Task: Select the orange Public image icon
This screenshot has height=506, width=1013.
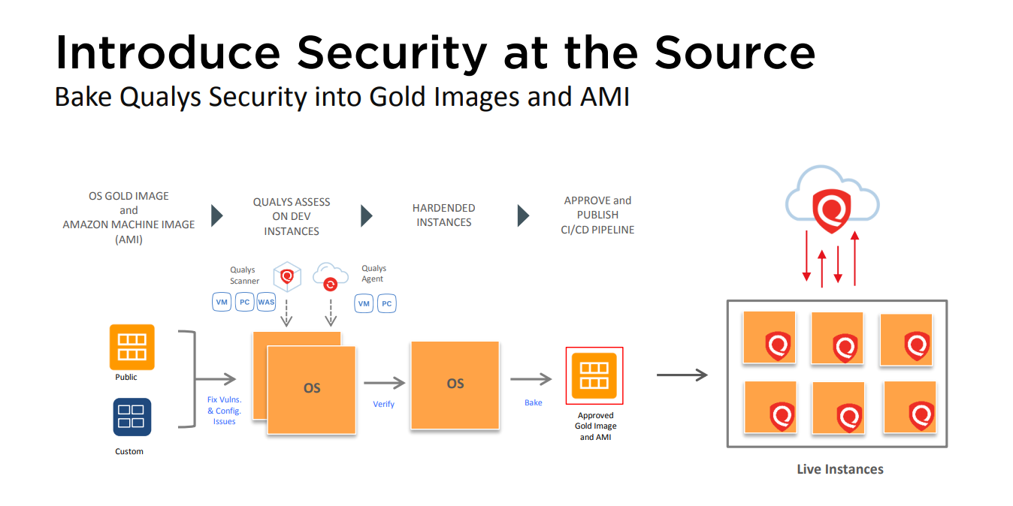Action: [x=132, y=347]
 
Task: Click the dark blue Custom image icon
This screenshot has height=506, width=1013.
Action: [x=132, y=417]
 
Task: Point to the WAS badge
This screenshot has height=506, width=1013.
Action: [x=266, y=303]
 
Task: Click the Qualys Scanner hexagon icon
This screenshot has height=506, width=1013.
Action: [x=286, y=277]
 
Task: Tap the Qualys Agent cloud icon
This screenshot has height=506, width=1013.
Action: [x=330, y=277]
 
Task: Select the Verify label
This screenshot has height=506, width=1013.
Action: [x=383, y=404]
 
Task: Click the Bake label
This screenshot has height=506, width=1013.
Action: [x=533, y=403]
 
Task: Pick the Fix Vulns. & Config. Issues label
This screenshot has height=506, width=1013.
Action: [x=224, y=411]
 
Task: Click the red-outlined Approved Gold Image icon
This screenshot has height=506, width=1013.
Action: [x=594, y=376]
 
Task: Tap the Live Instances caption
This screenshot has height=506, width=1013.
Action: [x=839, y=469]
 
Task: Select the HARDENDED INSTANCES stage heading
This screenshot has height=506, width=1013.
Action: [x=443, y=215]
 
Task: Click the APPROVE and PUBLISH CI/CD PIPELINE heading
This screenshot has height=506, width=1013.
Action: [x=598, y=215]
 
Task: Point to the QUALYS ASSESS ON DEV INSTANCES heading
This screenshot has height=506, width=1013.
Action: [x=291, y=217]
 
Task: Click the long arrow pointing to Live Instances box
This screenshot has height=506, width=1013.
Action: [x=682, y=375]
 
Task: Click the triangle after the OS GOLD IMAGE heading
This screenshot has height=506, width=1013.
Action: [x=216, y=216]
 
